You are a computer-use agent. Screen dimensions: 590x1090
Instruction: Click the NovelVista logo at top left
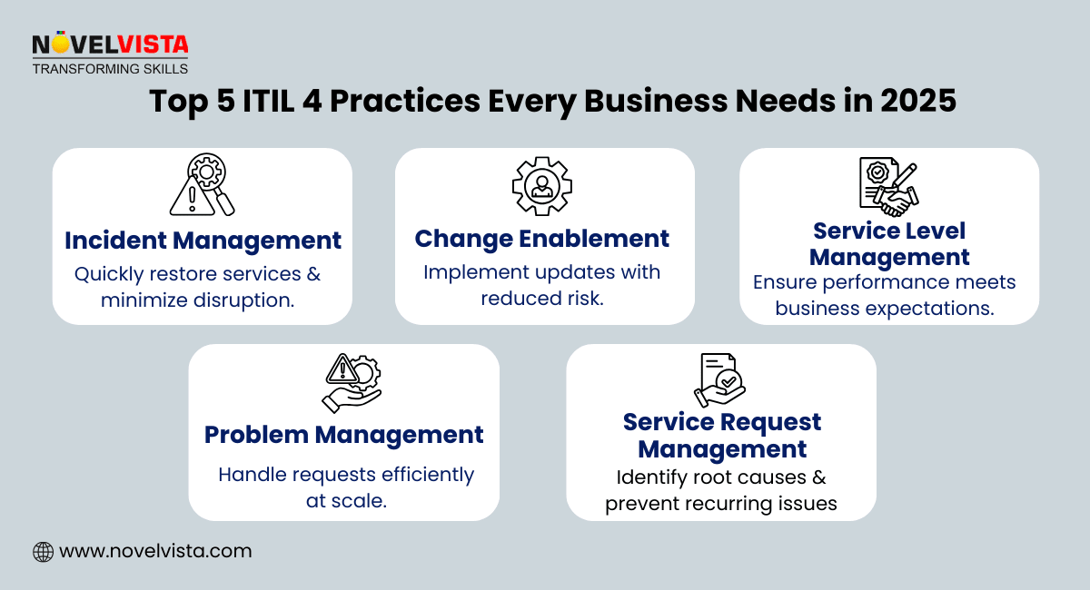tap(110, 44)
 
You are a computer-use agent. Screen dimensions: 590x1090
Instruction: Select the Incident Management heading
tap(203, 241)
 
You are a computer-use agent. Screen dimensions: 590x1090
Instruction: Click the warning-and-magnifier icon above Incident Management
tap(203, 186)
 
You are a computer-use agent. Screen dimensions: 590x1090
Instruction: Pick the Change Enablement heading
tap(542, 239)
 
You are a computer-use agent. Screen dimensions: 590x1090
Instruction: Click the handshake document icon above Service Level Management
tap(888, 186)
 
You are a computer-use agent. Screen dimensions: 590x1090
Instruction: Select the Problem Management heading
tap(343, 435)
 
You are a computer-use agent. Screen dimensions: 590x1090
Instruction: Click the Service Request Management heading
tap(722, 435)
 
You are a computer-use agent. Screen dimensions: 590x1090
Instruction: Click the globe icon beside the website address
tap(43, 551)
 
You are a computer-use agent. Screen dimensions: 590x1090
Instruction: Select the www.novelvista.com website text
tap(155, 551)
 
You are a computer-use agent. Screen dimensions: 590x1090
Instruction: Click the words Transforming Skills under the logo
tap(110, 68)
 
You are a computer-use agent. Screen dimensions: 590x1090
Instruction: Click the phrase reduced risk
tap(542, 298)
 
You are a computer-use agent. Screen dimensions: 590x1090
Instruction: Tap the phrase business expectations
tap(885, 308)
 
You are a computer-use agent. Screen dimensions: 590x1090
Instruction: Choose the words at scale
tap(346, 500)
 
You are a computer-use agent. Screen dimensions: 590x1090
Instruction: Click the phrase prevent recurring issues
tap(721, 504)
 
